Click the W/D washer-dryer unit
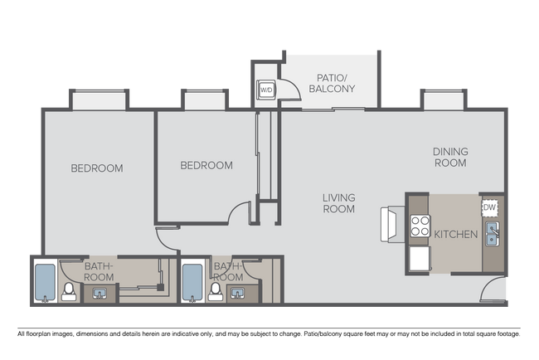coord(266,89)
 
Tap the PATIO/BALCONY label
coord(331,82)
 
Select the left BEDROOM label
coord(96,168)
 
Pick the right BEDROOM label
coord(206,165)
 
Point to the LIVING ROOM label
coord(339,203)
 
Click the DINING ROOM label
coord(450,157)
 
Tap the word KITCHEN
coord(455,235)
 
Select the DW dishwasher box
coord(490,207)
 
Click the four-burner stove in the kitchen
coord(419,226)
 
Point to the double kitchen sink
coord(492,234)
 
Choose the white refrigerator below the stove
coord(418,258)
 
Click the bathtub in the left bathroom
coord(45,283)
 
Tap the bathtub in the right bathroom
coord(192,283)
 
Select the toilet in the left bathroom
coord(70,291)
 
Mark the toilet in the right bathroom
coord(216,291)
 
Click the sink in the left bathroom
coord(100,294)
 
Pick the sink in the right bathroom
coord(237,294)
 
